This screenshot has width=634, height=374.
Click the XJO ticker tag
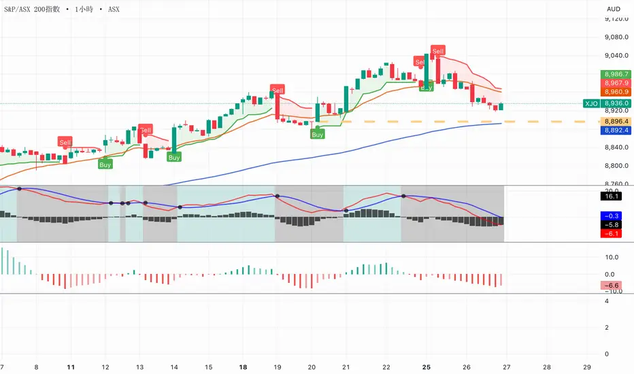pyautogui.click(x=590, y=103)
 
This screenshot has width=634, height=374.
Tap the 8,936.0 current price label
pyautogui.click(x=615, y=103)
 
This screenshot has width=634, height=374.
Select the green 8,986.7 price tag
pyautogui.click(x=615, y=73)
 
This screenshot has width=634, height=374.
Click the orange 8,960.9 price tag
pyautogui.click(x=615, y=92)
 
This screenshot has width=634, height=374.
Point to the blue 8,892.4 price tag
pyautogui.click(x=615, y=130)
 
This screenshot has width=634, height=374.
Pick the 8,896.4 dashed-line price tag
pyautogui.click(x=615, y=121)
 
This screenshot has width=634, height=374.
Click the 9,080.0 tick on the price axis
pyautogui.click(x=614, y=38)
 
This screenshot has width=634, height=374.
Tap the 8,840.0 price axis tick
pyautogui.click(x=614, y=148)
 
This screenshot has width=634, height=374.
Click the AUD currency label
pyautogui.click(x=614, y=9)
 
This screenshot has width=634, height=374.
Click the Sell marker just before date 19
pyautogui.click(x=278, y=90)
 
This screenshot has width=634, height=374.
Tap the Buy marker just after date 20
pyautogui.click(x=318, y=135)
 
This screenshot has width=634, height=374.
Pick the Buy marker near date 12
pyautogui.click(x=105, y=164)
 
